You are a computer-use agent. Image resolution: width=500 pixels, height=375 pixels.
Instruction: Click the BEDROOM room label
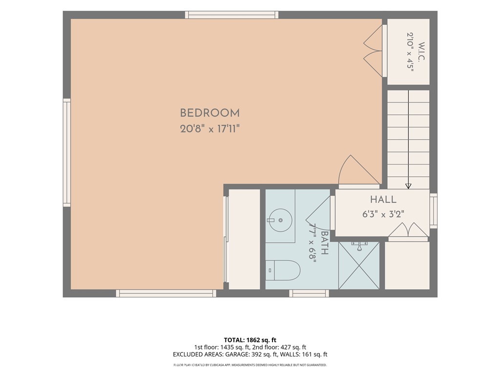coord(210,113)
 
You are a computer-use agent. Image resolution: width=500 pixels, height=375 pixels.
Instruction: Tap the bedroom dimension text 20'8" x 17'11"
coord(210,129)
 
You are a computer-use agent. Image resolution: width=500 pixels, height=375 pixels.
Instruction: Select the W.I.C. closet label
coord(421,51)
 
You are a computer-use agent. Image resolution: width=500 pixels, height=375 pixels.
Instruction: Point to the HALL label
coord(383,200)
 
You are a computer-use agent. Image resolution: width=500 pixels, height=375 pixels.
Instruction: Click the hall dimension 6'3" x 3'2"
coord(383,214)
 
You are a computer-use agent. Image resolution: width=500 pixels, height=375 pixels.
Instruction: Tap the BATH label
coord(325,243)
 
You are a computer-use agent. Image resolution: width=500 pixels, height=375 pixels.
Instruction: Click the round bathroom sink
coord(281,220)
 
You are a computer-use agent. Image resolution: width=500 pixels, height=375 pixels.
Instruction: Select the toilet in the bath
coord(283,270)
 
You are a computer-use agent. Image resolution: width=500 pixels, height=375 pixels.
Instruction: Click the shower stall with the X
coord(359,266)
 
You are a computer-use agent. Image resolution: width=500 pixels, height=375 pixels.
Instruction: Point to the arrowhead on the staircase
coord(408,186)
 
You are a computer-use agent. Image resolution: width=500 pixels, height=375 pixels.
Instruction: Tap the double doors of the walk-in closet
coord(373,51)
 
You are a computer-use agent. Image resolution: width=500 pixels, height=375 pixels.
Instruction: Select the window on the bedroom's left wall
coord(66,152)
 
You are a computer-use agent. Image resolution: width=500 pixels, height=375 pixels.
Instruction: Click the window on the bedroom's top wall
coord(232,15)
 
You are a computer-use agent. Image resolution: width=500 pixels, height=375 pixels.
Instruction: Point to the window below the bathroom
coord(309,293)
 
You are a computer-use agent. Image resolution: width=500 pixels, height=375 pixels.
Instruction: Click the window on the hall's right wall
coord(434,211)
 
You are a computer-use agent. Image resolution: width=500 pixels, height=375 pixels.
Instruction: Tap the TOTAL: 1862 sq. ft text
coord(250,340)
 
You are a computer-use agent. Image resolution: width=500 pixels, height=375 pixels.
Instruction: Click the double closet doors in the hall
coord(408,230)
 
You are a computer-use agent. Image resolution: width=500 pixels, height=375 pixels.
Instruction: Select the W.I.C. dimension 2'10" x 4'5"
coord(410,51)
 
